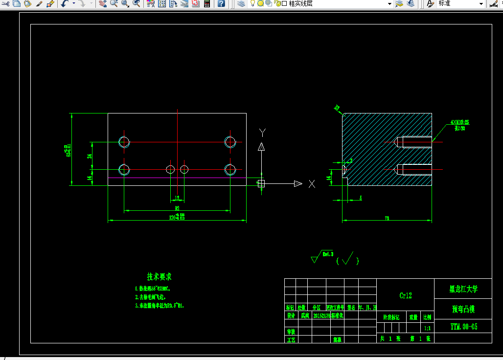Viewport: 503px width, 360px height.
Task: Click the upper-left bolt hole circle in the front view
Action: pos(124,142)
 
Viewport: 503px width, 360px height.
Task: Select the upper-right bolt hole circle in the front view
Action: pos(230,142)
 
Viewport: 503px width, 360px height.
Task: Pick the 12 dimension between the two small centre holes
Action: pos(177,198)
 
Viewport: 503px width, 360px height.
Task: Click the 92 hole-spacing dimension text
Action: pos(177,208)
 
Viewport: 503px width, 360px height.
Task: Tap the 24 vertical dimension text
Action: pos(90,156)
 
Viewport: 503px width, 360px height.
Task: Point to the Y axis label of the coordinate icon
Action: pos(262,132)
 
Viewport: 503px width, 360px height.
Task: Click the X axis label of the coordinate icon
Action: pos(312,184)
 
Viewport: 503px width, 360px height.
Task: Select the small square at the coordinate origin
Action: pos(261,183)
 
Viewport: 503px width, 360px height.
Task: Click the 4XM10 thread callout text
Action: pos(459,122)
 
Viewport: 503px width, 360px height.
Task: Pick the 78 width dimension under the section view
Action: pos(387,218)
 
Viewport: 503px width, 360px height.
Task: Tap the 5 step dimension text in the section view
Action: pos(361,198)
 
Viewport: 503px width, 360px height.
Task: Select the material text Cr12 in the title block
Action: pos(406,295)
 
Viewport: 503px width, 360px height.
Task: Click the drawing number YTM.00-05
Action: pos(463,326)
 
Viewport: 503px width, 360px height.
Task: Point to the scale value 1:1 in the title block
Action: pos(427,329)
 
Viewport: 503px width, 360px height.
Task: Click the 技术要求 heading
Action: pos(160,277)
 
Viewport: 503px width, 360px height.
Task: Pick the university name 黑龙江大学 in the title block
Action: pos(463,289)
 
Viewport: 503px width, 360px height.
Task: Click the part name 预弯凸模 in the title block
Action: pos(463,309)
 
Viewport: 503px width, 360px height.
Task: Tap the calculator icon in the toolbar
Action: pos(207,4)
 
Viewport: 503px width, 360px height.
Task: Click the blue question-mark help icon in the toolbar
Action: pos(221,4)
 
